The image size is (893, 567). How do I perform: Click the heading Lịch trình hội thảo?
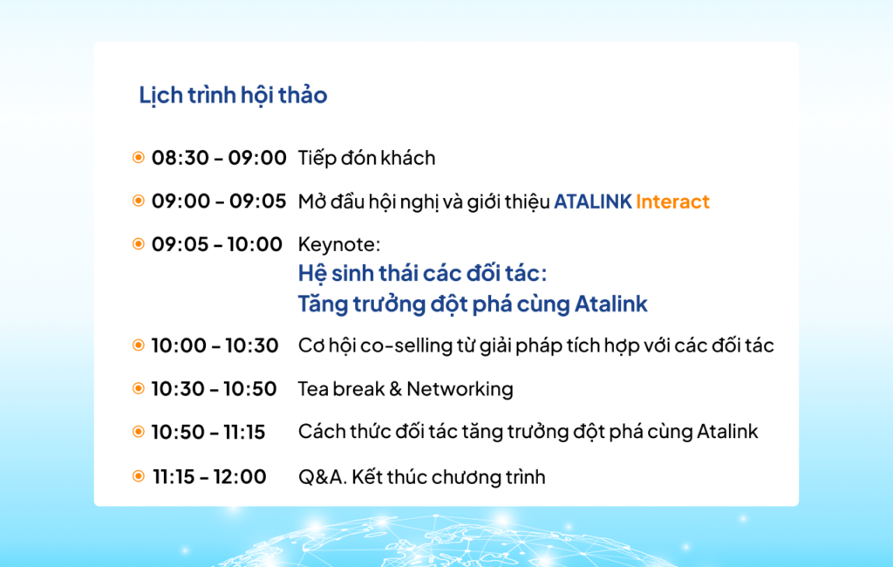tap(233, 95)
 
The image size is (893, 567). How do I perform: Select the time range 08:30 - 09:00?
tap(219, 158)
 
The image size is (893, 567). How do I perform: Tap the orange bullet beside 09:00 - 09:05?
tap(139, 201)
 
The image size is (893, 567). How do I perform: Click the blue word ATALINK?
tap(593, 202)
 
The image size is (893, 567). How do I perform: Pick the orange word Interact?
tap(672, 202)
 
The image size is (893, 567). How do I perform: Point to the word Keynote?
tap(339, 244)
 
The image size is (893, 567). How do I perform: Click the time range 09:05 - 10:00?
tap(217, 244)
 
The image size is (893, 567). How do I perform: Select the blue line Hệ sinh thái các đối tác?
tap(422, 274)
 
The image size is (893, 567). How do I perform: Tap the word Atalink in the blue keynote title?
tap(611, 304)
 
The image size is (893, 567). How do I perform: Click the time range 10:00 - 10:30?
tap(215, 346)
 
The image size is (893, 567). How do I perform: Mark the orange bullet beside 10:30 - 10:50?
tap(139, 389)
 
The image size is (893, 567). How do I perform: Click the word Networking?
tap(460, 389)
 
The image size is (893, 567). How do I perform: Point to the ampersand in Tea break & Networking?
tap(396, 389)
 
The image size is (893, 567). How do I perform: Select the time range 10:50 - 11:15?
tap(208, 433)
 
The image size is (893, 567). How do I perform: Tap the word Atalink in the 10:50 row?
tap(727, 432)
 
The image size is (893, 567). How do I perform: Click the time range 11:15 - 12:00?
tap(209, 476)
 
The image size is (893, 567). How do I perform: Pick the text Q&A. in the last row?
tap(323, 477)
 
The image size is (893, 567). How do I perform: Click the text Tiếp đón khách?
tap(367, 158)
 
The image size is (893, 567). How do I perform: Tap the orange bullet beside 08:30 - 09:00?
tap(139, 157)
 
